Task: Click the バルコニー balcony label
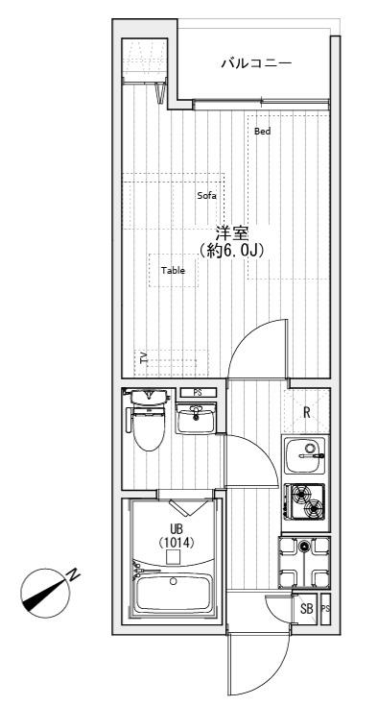tap(256, 63)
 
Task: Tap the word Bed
tap(263, 132)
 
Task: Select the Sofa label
tap(207, 196)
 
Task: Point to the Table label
tap(173, 271)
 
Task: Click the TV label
tap(144, 358)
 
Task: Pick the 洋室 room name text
tap(232, 233)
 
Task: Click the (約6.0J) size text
tap(232, 250)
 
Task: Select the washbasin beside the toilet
tap(196, 419)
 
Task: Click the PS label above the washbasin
tap(198, 393)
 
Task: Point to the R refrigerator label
tap(307, 412)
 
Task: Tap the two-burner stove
tap(306, 501)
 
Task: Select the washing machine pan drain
tap(304, 547)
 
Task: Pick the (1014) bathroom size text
tap(177, 544)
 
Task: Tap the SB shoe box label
tap(307, 610)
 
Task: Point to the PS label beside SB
tap(326, 609)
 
